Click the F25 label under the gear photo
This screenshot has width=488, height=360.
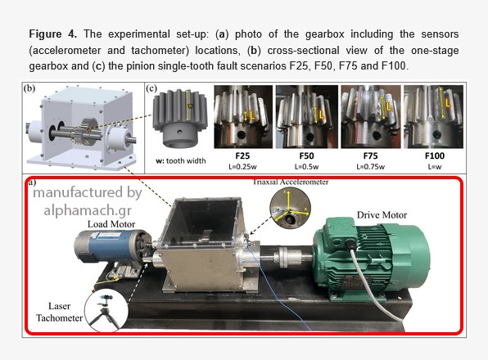(x=242, y=155)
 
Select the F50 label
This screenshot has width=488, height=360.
(x=306, y=155)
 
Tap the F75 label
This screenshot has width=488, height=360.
(x=370, y=155)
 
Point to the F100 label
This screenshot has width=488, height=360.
(x=435, y=155)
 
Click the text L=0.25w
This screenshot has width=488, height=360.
(x=242, y=167)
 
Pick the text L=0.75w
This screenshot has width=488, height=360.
(x=370, y=167)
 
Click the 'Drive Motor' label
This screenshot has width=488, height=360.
(x=382, y=215)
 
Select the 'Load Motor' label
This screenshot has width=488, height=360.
(x=111, y=224)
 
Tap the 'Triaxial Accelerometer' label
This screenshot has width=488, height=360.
(x=291, y=182)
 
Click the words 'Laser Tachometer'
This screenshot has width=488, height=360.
(x=59, y=312)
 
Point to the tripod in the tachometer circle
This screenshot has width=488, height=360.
(x=105, y=312)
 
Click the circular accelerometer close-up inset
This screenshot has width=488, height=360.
(x=290, y=208)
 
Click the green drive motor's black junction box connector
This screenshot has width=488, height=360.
(x=350, y=245)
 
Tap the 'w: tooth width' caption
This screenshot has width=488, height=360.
(x=181, y=160)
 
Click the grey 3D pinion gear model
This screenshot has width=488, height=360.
(x=179, y=118)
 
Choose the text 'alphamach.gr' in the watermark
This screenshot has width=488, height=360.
(x=88, y=210)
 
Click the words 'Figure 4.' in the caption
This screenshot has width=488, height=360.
(x=53, y=34)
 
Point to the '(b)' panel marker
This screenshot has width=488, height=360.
(x=29, y=88)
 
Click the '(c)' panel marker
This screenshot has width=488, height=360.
(x=151, y=88)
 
